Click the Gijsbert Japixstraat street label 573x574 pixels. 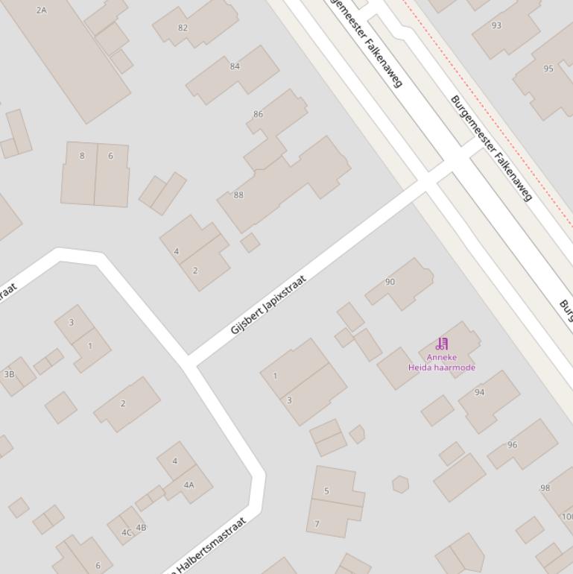coord(268,305)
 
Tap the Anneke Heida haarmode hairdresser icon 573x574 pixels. coord(442,344)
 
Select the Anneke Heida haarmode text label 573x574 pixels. coord(442,362)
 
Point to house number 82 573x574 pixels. coord(183,28)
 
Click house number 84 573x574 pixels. coord(235,66)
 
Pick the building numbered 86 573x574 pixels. coord(258,114)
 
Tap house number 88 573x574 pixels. coord(238,195)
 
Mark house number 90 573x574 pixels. coord(390,282)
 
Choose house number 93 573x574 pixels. coord(496,25)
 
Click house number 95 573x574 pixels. coord(548,69)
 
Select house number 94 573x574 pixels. coord(479,392)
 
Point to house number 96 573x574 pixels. coord(512,445)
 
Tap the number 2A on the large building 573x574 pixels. coord(41,10)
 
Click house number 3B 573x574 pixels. coord(9,374)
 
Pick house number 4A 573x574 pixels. coord(189,485)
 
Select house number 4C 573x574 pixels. coord(126,532)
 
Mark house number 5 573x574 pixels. coord(326,491)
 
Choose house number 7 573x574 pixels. coord(317,524)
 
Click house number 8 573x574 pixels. coord(82,156)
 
